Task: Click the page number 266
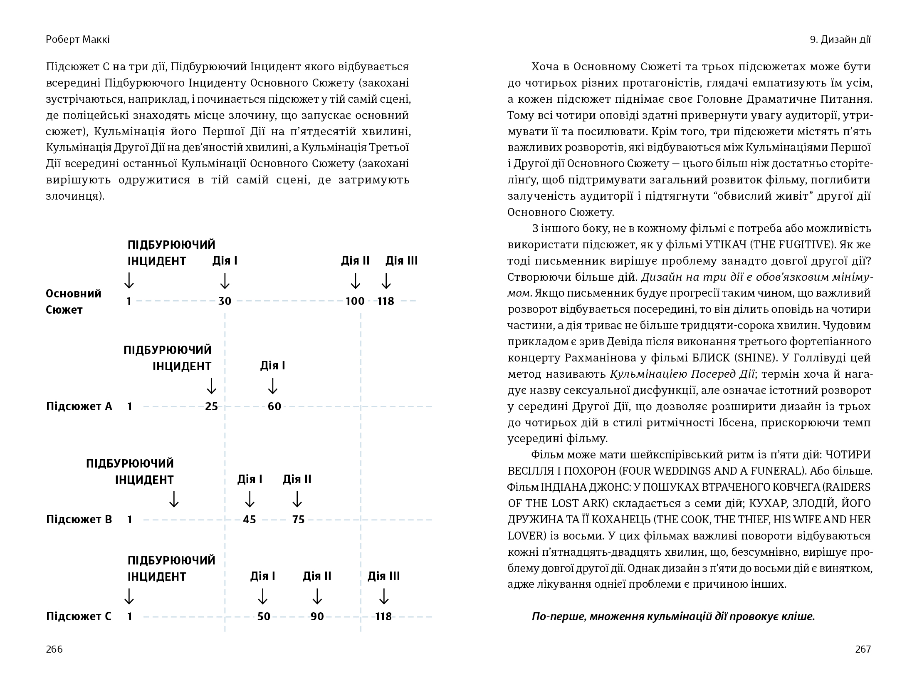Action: (x=54, y=649)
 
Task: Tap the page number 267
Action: (x=863, y=649)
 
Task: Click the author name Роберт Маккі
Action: (x=78, y=40)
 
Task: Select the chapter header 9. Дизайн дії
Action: (x=840, y=40)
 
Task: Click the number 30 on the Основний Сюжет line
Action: (x=225, y=301)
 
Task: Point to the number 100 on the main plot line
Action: (x=355, y=301)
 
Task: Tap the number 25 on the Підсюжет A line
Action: (x=211, y=406)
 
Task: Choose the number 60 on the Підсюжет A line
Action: (x=274, y=406)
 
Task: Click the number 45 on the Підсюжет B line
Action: (x=250, y=520)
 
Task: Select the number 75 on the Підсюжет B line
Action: (x=298, y=520)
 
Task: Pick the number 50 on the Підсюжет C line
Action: (x=264, y=616)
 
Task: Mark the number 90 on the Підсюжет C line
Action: (x=317, y=616)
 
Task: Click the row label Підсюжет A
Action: (x=79, y=406)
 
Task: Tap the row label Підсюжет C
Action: (x=79, y=616)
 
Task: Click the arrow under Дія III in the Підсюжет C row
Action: (x=384, y=596)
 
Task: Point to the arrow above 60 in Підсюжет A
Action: (x=273, y=386)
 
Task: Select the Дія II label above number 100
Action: (x=355, y=261)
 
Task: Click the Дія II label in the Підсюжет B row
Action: (x=297, y=479)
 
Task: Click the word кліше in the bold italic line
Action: (x=799, y=616)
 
